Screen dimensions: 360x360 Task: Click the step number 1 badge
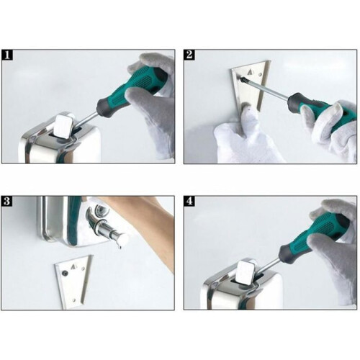[7, 55]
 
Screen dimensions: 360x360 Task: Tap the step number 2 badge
[189, 55]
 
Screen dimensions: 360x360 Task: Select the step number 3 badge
[7, 201]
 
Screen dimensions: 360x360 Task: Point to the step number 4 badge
[189, 201]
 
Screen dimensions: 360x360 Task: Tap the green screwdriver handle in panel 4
[315, 236]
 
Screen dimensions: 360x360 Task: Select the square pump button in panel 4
[246, 272]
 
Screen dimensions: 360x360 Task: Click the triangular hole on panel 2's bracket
[250, 71]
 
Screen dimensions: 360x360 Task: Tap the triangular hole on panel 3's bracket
[73, 266]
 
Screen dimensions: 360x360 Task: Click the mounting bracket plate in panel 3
[74, 282]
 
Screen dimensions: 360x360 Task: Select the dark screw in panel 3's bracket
[64, 273]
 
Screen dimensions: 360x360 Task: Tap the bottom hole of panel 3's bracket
[74, 300]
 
